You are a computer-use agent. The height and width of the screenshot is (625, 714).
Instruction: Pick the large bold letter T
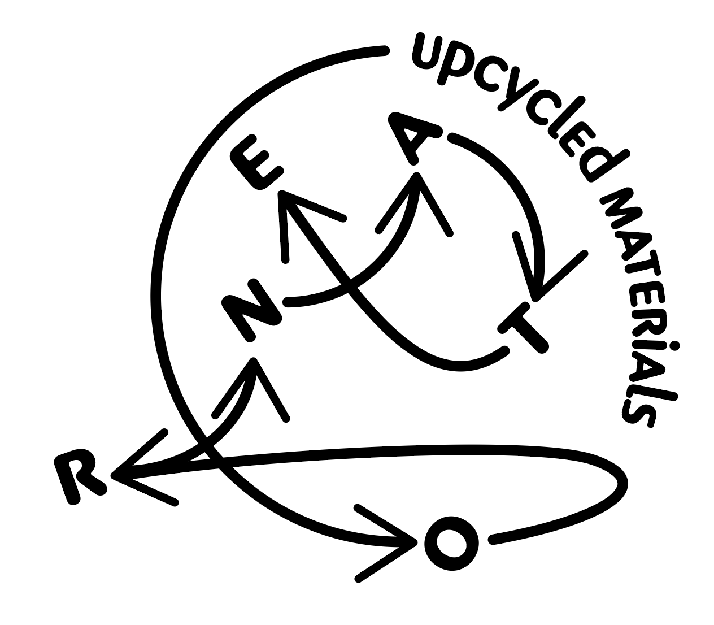pyautogui.click(x=523, y=329)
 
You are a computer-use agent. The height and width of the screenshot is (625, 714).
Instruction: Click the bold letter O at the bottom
pyautogui.click(x=451, y=543)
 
